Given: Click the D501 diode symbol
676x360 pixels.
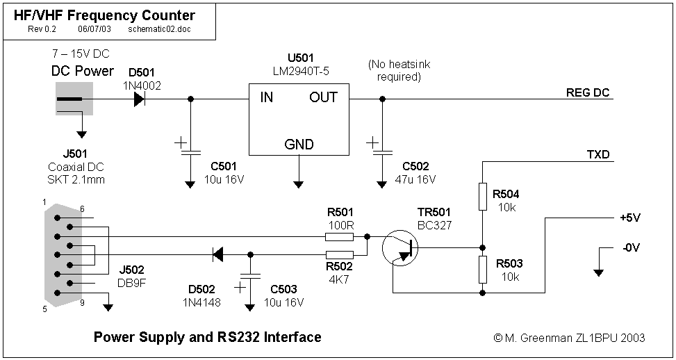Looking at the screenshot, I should click(x=139, y=99).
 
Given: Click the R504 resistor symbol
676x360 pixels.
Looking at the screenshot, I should click(x=483, y=195).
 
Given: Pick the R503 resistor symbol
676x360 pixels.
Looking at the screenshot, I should click(x=483, y=270).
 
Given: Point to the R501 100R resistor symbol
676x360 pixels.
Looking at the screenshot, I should click(x=339, y=236).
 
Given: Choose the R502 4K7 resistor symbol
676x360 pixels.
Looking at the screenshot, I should click(x=339, y=255).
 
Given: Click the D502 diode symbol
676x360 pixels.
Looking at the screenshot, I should click(x=217, y=255).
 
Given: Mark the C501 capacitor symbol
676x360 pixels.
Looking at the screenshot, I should click(x=190, y=150).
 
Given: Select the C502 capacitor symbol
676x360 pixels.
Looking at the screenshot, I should click(x=381, y=150).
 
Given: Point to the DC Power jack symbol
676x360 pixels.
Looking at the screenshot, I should click(x=74, y=99).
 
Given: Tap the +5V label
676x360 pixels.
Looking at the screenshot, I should click(x=629, y=218).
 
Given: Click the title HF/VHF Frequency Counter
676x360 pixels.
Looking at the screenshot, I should click(x=105, y=15).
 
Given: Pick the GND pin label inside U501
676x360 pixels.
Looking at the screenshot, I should click(x=299, y=145).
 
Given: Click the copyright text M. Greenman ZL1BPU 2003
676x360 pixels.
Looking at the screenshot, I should click(x=569, y=338).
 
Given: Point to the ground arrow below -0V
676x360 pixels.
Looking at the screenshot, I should click(x=598, y=271).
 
